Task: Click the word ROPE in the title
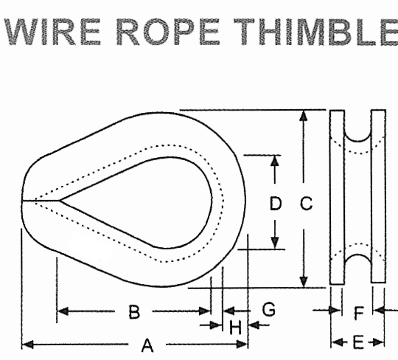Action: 168,32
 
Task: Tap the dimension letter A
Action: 147,345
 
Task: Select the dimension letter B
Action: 134,312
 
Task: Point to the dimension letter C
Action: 306,204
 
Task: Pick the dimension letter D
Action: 276,204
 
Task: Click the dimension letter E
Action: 358,342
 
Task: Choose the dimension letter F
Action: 359,313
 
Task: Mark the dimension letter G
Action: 269,309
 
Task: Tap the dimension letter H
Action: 236,328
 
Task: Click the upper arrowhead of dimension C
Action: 304,116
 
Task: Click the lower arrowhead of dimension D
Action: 275,243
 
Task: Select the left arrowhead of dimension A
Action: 28,345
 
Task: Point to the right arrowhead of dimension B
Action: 205,311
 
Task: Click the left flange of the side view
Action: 337,197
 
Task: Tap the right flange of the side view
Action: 378,196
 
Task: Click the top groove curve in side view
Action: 357,140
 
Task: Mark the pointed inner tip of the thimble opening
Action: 60,201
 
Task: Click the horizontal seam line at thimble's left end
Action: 41,201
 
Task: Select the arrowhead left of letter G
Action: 228,311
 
